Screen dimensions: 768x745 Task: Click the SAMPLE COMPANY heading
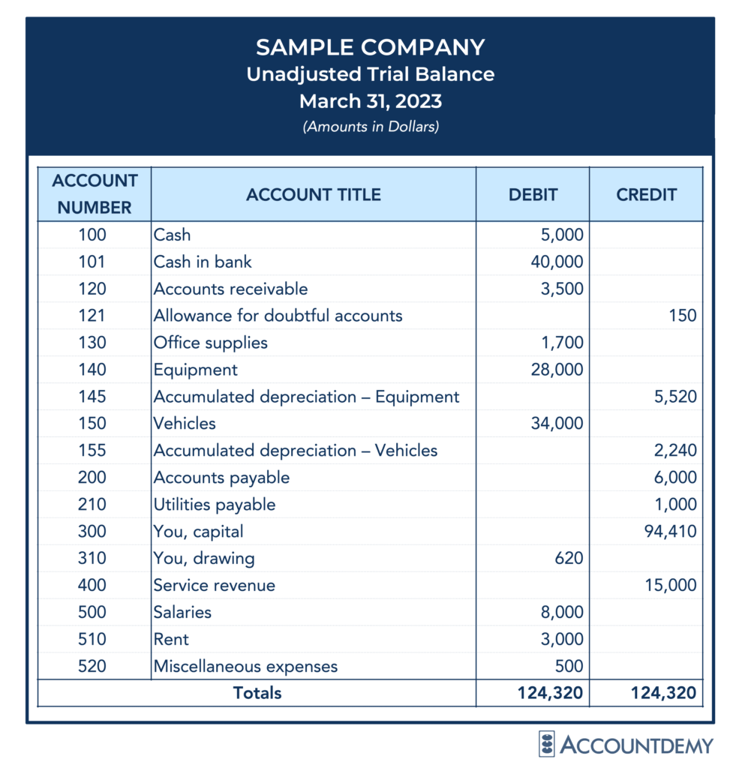370,47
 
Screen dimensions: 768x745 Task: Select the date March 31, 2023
370,100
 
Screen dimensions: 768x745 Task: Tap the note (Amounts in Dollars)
370,126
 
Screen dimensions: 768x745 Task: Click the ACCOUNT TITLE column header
313,195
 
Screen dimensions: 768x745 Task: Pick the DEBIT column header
533,195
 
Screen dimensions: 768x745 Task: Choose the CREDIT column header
646,195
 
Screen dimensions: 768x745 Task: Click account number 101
92,262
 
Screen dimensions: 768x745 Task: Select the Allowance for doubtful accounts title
278,316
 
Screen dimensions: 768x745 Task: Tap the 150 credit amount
683,316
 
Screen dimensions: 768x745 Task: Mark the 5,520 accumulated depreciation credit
675,397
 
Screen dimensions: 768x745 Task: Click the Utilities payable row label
215,505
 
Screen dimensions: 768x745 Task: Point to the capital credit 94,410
671,532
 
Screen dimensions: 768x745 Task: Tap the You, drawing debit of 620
569,559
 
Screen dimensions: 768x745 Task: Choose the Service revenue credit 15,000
671,586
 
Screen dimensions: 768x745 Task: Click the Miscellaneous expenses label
245,667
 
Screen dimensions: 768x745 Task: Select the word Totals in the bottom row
257,693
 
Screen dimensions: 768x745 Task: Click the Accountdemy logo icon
547,744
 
